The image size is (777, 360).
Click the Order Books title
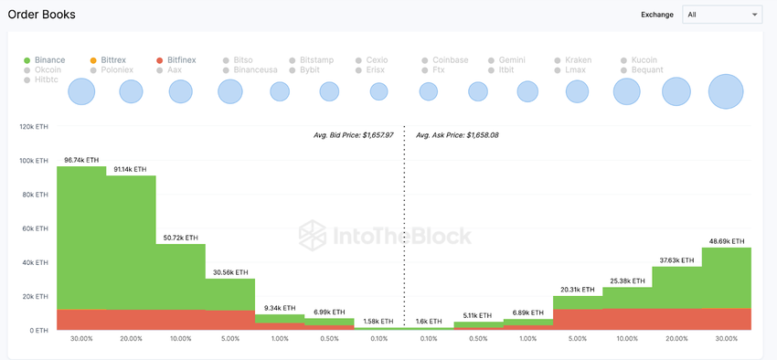[42, 15]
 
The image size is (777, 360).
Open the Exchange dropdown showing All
[721, 15]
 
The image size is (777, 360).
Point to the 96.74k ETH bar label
[80, 160]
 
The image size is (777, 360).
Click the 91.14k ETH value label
[130, 169]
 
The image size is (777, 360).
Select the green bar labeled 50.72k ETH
[180, 274]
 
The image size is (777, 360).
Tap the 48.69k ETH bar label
[726, 241]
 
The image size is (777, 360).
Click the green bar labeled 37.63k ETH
[676, 287]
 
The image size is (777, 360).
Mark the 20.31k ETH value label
[577, 290]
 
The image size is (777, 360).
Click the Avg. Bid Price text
[353, 135]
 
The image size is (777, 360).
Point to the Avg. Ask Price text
[457, 135]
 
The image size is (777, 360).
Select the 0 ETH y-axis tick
[39, 331]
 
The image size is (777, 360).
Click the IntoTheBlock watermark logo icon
[313, 235]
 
